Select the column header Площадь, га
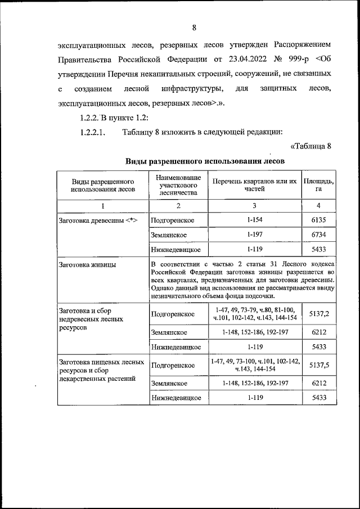point(318,186)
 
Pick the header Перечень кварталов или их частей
point(254,186)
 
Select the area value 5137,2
point(318,314)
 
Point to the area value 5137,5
point(318,365)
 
